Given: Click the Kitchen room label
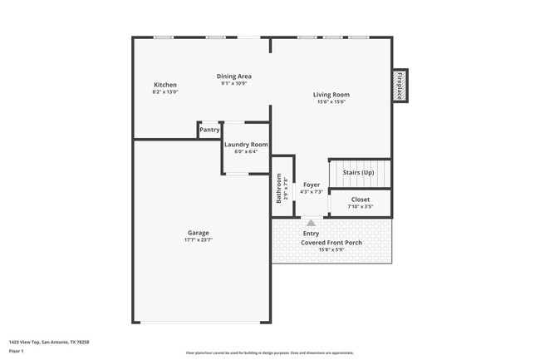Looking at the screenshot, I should (165, 85).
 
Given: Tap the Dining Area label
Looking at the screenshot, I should (235, 76).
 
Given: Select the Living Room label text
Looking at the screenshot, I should (331, 94).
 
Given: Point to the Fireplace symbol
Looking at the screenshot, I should (400, 86).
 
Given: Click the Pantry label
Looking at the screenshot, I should (209, 130).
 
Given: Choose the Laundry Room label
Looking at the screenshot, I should (246, 145).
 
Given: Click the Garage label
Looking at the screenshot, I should (198, 233).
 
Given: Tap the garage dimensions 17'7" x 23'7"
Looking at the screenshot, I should (198, 240).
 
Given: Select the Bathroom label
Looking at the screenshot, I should (279, 188).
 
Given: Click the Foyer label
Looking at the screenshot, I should (311, 185).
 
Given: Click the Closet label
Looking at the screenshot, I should (360, 200).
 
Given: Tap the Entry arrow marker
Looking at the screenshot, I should (311, 223).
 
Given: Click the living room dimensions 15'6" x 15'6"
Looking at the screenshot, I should (331, 101).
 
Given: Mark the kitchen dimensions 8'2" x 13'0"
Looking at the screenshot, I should (165, 92).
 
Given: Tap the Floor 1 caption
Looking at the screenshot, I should (17, 351).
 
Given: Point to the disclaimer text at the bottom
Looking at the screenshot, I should (270, 353).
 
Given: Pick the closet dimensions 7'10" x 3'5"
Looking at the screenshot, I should (360, 207).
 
